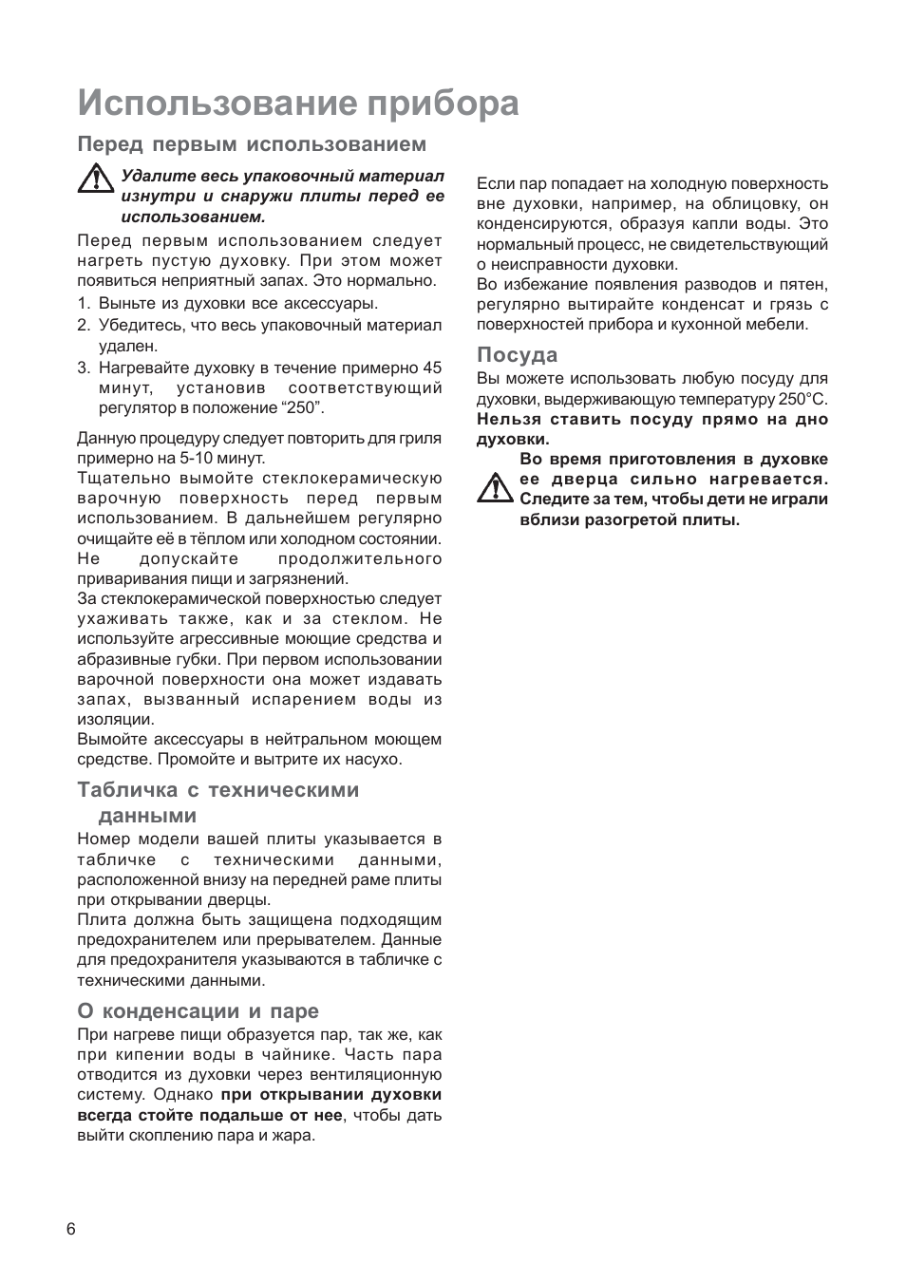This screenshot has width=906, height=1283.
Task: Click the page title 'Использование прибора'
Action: point(298,103)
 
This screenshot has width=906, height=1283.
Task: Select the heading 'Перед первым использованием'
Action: point(252,144)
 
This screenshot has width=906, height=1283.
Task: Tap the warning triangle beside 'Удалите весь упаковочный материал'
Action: point(95,179)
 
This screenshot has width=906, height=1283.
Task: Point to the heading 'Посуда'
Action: point(517,355)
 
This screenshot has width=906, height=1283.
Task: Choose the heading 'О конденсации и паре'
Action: point(198,1010)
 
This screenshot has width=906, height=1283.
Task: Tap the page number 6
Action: point(71,1229)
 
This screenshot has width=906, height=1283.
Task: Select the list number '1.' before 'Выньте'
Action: point(84,304)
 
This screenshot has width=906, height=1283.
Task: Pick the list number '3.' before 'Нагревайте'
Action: point(84,368)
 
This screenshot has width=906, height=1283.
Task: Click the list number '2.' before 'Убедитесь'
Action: point(84,326)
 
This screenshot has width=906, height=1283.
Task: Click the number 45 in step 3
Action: point(432,368)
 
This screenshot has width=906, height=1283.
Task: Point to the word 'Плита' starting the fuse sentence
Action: point(98,920)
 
